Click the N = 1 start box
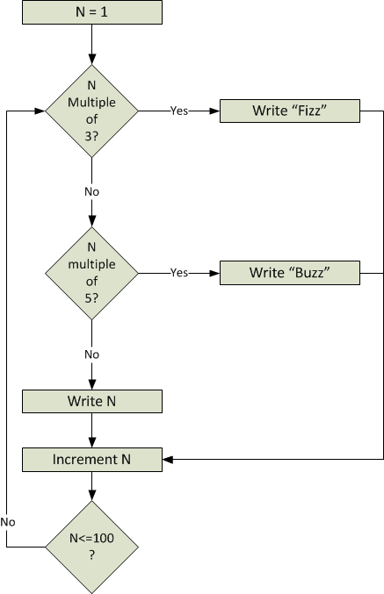pos(92,12)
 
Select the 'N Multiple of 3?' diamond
pos(91,111)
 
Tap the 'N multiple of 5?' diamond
pos(91,273)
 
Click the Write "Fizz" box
pos(290,111)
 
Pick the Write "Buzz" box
pos(290,273)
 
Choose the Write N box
pos(92,401)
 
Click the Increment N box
pos(92,460)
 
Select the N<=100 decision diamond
pos(91,547)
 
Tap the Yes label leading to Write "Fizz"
pos(179,111)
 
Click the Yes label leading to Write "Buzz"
pos(179,273)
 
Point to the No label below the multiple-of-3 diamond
pos(91,191)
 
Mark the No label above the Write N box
pos(91,354)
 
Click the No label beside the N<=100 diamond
pos(8,522)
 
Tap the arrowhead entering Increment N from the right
pos(168,460)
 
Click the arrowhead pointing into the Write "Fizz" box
pos(214,111)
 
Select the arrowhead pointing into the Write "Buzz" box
pos(214,273)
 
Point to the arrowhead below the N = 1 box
pos(91,60)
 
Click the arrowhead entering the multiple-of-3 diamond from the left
pos(40,111)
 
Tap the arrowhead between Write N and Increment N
pos(91,442)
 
